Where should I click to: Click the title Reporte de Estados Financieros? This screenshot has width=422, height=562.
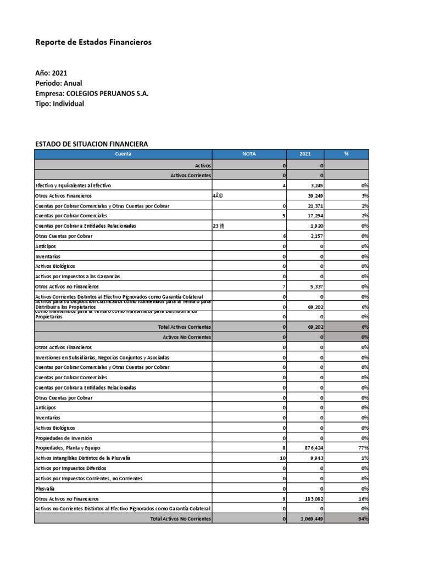pos(93,42)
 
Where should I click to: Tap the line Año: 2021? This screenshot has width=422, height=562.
pos(51,72)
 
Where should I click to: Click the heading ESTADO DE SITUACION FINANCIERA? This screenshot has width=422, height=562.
pos(91,144)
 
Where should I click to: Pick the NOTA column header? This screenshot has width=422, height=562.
pos(249,155)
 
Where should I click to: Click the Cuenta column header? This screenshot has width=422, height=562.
pos(123,155)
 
